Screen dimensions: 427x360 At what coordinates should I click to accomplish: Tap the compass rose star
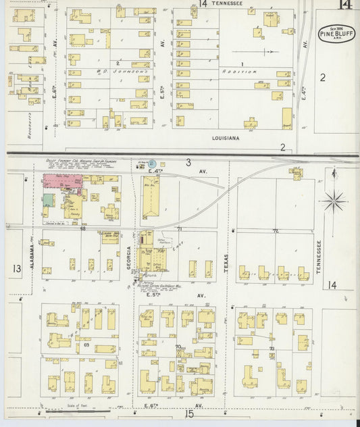point(335,201)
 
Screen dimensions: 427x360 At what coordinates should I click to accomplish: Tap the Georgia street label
point(130,257)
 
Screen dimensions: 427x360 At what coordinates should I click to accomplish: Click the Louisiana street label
point(226,138)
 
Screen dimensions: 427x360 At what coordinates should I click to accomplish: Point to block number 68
point(83,229)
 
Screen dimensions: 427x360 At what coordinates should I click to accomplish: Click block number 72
point(276,231)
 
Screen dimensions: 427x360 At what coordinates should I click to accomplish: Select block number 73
point(272,347)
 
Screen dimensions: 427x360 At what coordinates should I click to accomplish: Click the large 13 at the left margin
point(16,268)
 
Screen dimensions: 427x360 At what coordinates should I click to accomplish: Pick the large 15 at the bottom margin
point(190,413)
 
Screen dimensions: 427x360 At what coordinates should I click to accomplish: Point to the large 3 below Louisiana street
point(188,162)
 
